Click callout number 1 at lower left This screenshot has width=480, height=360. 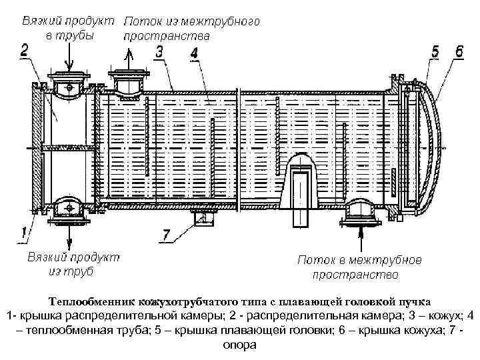(24, 233)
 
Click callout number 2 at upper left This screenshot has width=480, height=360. (25, 49)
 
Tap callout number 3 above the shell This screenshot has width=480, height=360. (159, 51)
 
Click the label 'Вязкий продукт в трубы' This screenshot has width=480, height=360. (66, 27)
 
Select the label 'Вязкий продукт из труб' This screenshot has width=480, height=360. (73, 263)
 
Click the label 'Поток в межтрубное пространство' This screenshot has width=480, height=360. (359, 267)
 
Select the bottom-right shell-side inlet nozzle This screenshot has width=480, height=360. (361, 211)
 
